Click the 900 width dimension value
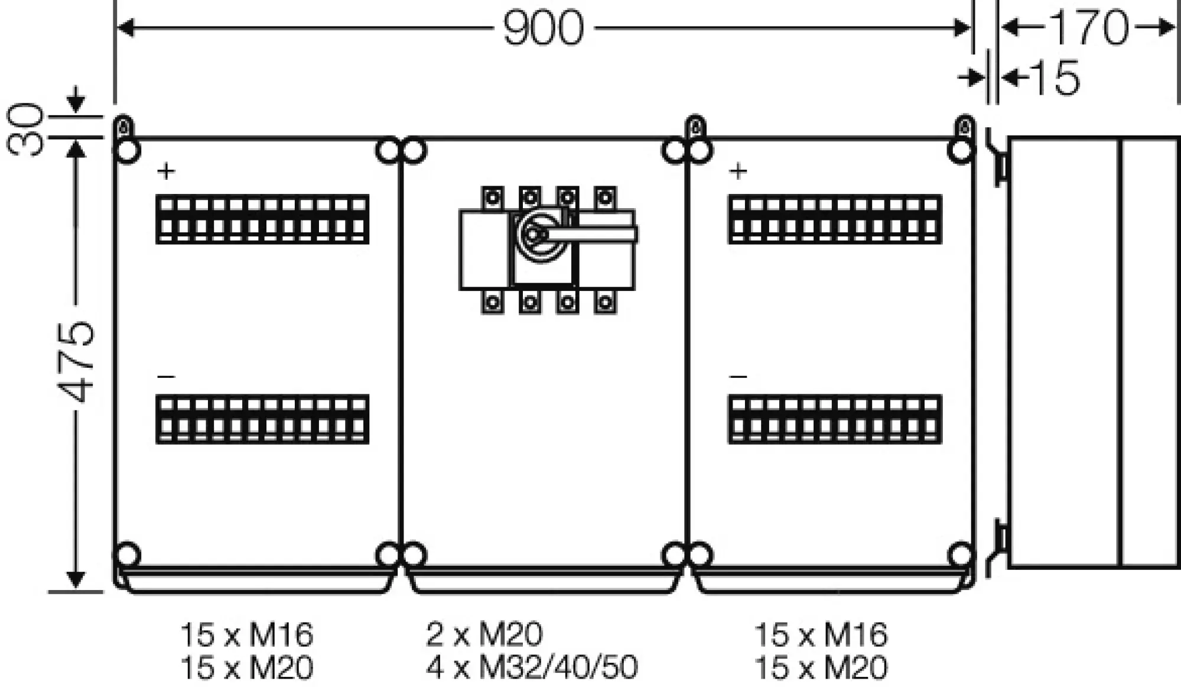pos(543,28)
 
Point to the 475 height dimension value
pos(77,362)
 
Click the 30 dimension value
pos(26,129)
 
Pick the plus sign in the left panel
pos(167,171)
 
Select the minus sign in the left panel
pos(167,377)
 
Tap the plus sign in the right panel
pos(738,171)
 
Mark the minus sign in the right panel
pos(738,377)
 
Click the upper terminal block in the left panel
pos(262,219)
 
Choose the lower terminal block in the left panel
pos(262,419)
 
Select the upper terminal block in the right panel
pos(835,219)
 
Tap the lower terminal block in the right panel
pos(835,419)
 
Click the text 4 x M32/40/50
pos(532,667)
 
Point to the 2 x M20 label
pos(484,634)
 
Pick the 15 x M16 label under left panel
pos(246,634)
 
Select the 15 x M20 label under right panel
pos(821,667)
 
